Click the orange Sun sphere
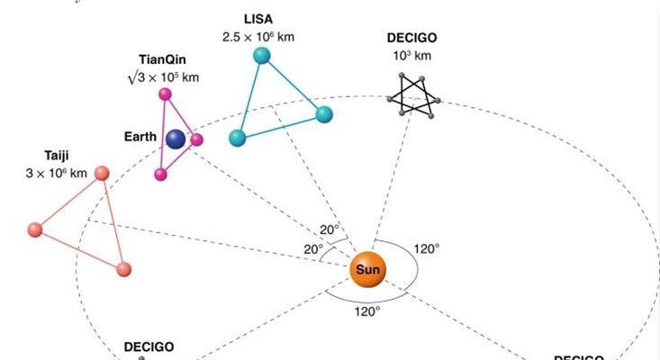point(367,269)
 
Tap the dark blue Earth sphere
point(176,139)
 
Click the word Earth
point(140,137)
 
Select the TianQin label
point(162,59)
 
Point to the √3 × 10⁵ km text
point(162,77)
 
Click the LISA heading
point(258,18)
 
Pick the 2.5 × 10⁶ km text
point(258,37)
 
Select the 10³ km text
point(411,56)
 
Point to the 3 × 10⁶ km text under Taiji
point(57,172)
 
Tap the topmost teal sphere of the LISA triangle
point(262,55)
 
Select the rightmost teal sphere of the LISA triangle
point(324,114)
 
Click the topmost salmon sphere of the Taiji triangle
point(103,174)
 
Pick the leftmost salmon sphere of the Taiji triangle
point(35,229)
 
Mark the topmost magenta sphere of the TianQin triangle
point(165,94)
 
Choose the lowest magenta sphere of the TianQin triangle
point(160,175)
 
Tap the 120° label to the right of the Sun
point(425,248)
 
